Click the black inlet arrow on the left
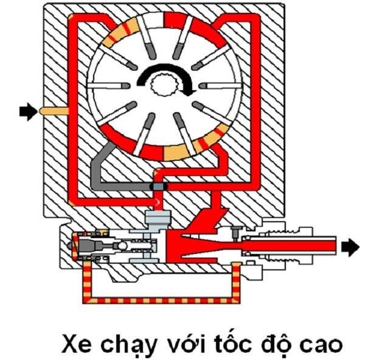click(x=27, y=111)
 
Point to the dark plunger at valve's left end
click(x=91, y=246)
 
